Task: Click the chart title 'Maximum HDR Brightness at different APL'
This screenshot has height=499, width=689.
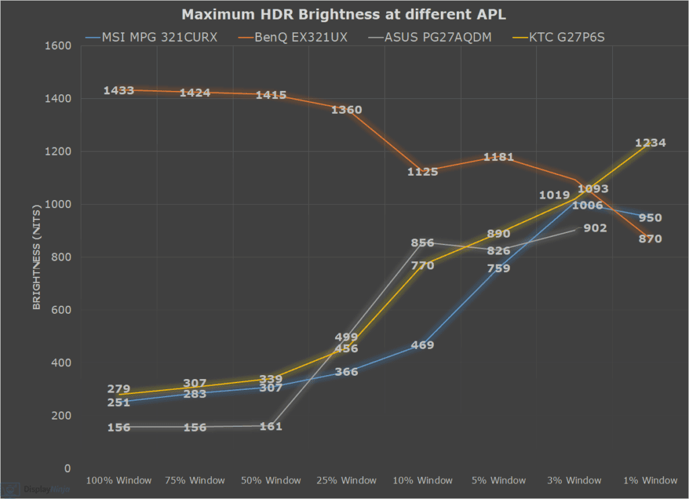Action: [x=344, y=14]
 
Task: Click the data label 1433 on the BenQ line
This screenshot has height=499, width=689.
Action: [x=119, y=90]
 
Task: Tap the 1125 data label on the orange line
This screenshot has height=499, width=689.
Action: [x=423, y=172]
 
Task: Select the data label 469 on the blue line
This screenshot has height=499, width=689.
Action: [x=423, y=345]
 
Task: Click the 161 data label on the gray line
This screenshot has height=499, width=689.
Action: [x=270, y=426]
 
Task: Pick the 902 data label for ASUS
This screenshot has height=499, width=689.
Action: [x=595, y=228]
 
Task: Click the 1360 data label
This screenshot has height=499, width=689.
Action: [x=347, y=110]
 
